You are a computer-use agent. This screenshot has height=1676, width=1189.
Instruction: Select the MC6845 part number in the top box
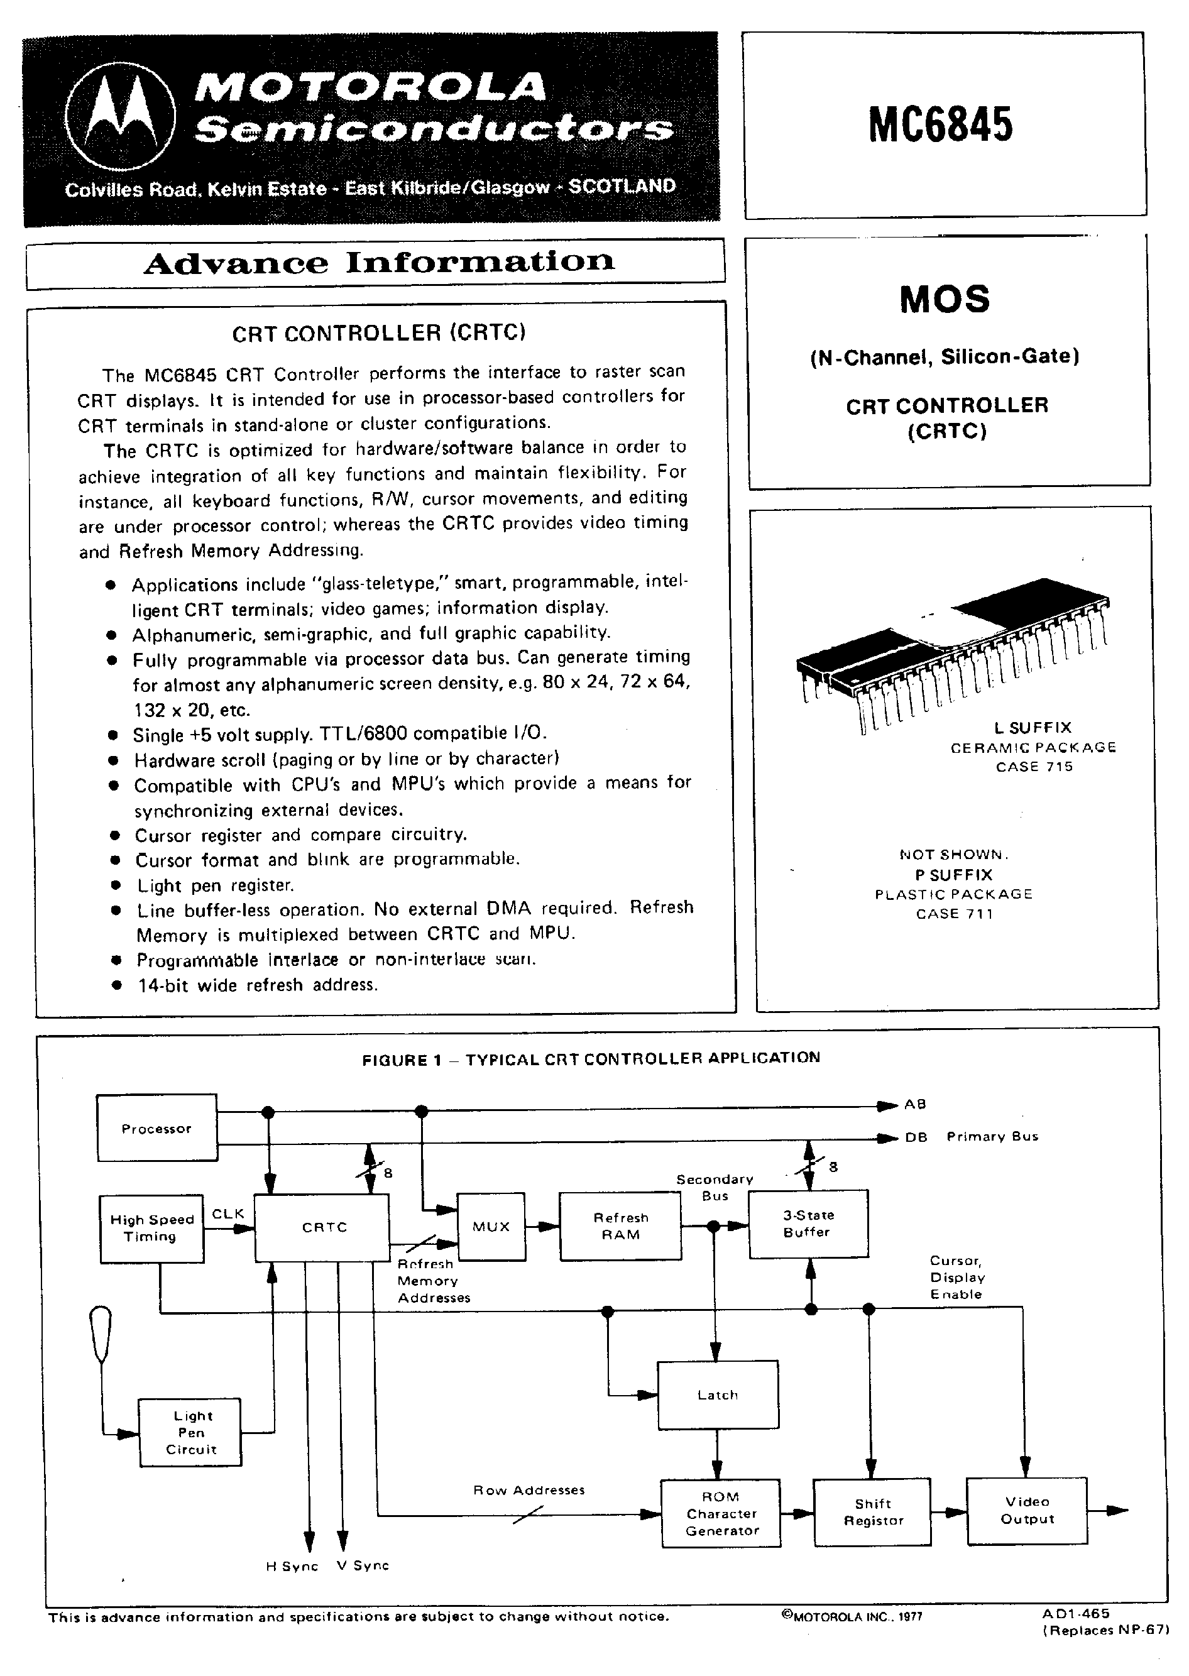[x=941, y=124]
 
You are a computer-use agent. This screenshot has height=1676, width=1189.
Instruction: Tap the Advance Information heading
[x=378, y=262]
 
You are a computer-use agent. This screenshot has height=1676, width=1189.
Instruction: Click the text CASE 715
[x=1034, y=767]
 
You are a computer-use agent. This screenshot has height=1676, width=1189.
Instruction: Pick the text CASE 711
[x=954, y=914]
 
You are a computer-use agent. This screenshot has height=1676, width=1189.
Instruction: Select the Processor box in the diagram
[x=156, y=1128]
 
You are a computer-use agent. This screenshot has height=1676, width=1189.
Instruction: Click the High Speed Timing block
[x=151, y=1229]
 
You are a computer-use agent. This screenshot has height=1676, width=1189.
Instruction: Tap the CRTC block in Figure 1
[x=322, y=1227]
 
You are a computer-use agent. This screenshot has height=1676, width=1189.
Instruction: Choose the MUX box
[x=491, y=1227]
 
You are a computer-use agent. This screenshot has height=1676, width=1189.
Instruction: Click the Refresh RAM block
[x=620, y=1227]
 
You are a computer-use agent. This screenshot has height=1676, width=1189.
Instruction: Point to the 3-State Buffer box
[x=808, y=1224]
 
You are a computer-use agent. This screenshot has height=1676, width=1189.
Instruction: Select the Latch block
[x=718, y=1395]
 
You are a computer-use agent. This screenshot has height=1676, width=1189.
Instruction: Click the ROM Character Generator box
[x=721, y=1513]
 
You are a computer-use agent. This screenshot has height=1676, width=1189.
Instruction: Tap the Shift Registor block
[x=872, y=1512]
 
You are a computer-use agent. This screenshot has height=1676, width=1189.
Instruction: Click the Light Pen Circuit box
[x=190, y=1433]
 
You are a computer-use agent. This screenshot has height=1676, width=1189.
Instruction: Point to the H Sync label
[x=292, y=1566]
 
